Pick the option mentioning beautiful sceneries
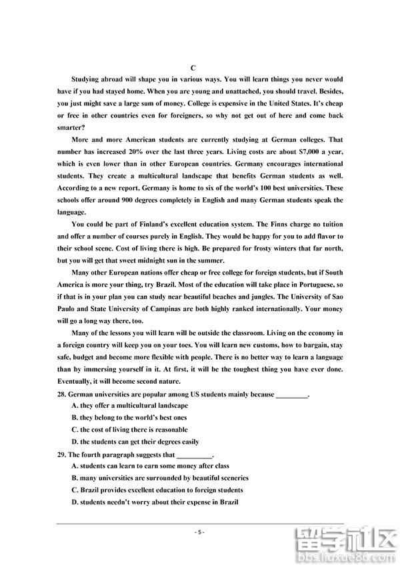click(x=159, y=478)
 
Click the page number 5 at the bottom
click(x=200, y=532)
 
